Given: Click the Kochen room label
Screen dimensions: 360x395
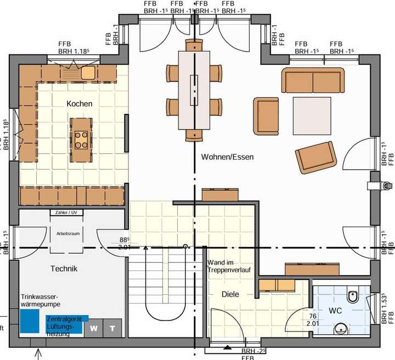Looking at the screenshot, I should point(80,104).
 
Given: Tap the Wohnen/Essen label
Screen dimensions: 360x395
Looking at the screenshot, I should point(228,157).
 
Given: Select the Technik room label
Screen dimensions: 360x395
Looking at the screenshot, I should point(64,269).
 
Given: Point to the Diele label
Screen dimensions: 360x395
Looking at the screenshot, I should point(230,294).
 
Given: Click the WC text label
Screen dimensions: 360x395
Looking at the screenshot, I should point(336,311).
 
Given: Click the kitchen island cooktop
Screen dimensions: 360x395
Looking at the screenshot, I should point(81,139).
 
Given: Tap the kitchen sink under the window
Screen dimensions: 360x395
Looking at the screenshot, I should point(88,71).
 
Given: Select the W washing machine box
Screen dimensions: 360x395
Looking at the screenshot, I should point(94,328).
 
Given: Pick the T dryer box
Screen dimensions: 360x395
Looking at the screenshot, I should point(113,328).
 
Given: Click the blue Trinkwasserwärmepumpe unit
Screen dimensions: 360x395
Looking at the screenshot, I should point(28,322).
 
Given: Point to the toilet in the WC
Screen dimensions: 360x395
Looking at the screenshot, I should point(355,297).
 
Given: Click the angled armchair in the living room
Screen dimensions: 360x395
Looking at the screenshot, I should point(315,155).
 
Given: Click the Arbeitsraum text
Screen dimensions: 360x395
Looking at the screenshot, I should point(68,233).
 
